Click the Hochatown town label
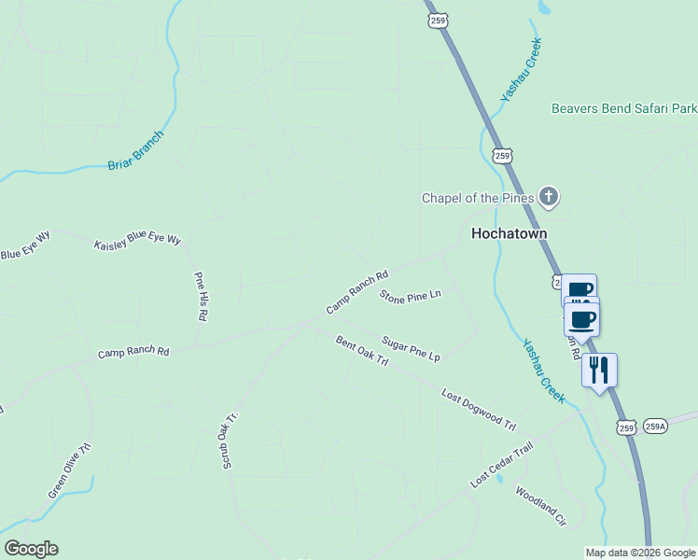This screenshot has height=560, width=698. [508, 233]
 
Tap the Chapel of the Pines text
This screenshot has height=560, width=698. [477, 198]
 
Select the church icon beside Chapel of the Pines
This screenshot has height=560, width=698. [549, 196]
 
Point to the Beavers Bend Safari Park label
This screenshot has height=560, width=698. [623, 108]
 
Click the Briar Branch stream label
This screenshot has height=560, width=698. [135, 150]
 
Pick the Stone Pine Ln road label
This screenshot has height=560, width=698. [410, 295]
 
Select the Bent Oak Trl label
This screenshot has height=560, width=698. [361, 351]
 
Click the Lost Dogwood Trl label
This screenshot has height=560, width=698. [478, 409]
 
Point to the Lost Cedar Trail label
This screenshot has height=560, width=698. [501, 465]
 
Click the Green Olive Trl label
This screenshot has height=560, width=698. [70, 469]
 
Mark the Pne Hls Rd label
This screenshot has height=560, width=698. [200, 296]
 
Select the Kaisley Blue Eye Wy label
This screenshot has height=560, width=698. [137, 241]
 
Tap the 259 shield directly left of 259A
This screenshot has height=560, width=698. [626, 427]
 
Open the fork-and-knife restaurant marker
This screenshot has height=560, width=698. [599, 369]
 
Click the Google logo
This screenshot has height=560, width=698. [31, 549]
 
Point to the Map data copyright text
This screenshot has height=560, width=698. [639, 553]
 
